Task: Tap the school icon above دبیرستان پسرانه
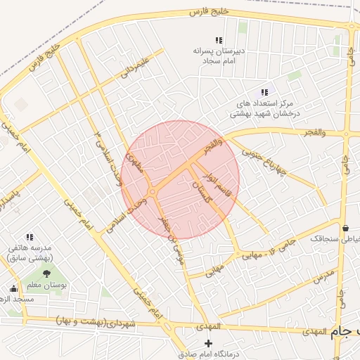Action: click(x=219, y=41)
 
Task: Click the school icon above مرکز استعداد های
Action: click(x=264, y=92)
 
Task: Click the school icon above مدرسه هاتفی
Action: click(x=30, y=237)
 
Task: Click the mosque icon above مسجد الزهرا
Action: click(x=13, y=288)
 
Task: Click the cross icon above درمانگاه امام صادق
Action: click(x=207, y=342)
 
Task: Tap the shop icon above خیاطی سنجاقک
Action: click(x=345, y=228)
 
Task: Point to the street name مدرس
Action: click(x=321, y=276)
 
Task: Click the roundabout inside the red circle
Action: click(x=153, y=191)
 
